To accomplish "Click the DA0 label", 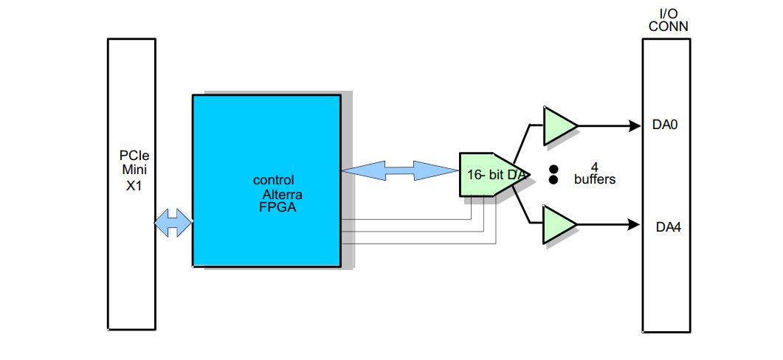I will pos(665,125).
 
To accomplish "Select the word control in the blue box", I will pos(273,180).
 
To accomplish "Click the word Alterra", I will pos(283,194).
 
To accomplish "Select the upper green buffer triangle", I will pos(558,126).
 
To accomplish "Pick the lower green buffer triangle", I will pos(558,224).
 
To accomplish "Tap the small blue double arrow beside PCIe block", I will pos(173,222).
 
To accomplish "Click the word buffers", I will pos(594,179).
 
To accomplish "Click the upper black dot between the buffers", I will pos(553,169).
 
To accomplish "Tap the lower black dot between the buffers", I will pos(553,179).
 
